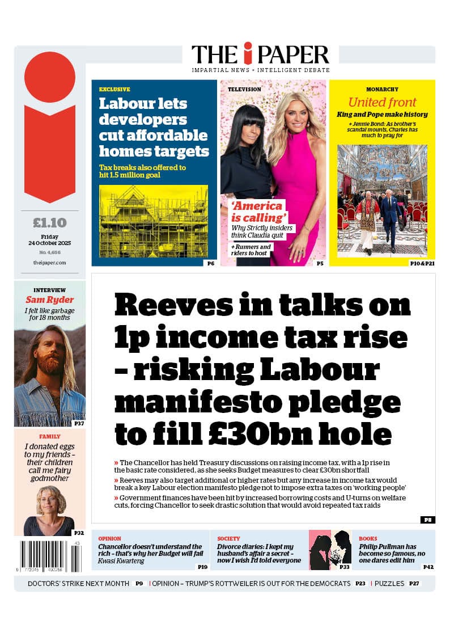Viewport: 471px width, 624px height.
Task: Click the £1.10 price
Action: point(49,222)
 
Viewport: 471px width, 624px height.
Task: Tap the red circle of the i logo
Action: point(50,77)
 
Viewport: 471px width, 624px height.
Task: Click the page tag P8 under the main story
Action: point(427,520)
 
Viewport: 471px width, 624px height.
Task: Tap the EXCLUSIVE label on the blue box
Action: point(114,90)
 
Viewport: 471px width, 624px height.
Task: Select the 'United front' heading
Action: point(382,103)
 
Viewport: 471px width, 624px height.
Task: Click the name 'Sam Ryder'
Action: point(50,300)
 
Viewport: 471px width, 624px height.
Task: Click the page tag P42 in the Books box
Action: point(428,567)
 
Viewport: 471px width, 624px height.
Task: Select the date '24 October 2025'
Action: point(49,243)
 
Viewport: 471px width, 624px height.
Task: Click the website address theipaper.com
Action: point(49,263)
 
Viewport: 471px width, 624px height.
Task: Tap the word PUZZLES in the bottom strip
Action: point(389,583)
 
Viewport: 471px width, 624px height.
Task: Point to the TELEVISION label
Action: point(244,90)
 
